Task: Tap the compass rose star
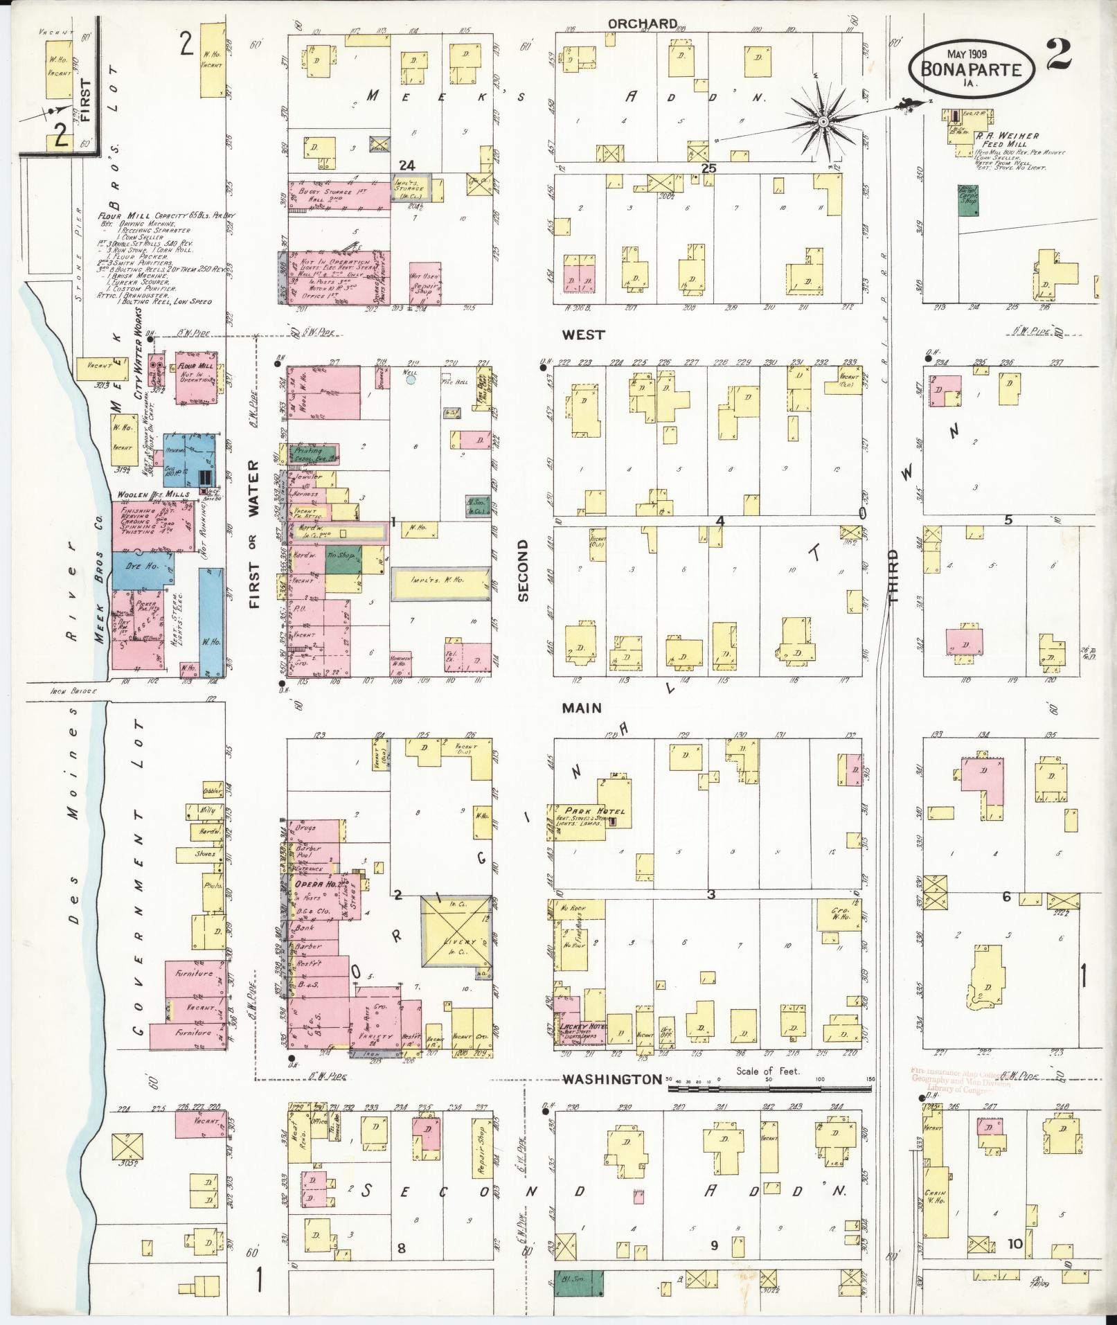tap(823, 122)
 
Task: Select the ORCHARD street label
tap(642, 24)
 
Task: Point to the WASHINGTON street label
tap(611, 1099)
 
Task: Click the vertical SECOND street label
tap(523, 570)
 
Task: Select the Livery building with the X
tap(456, 942)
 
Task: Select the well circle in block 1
tap(411, 379)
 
